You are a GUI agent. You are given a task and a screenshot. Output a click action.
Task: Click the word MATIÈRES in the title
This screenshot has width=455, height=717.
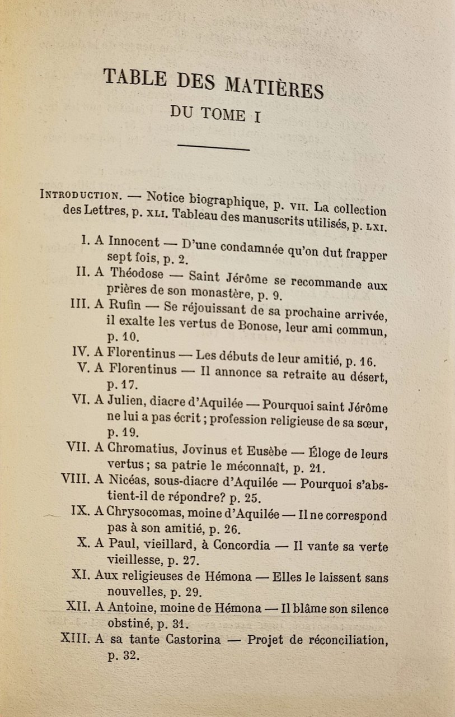pyautogui.click(x=274, y=87)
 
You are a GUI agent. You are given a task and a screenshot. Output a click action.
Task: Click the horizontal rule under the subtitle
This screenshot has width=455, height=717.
pyautogui.click(x=213, y=148)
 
